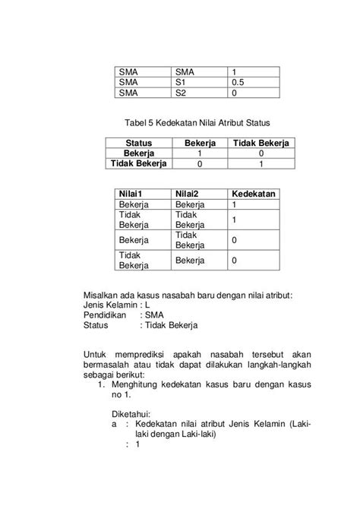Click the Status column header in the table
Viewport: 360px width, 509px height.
coord(140,143)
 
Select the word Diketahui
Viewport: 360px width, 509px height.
coord(132,414)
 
